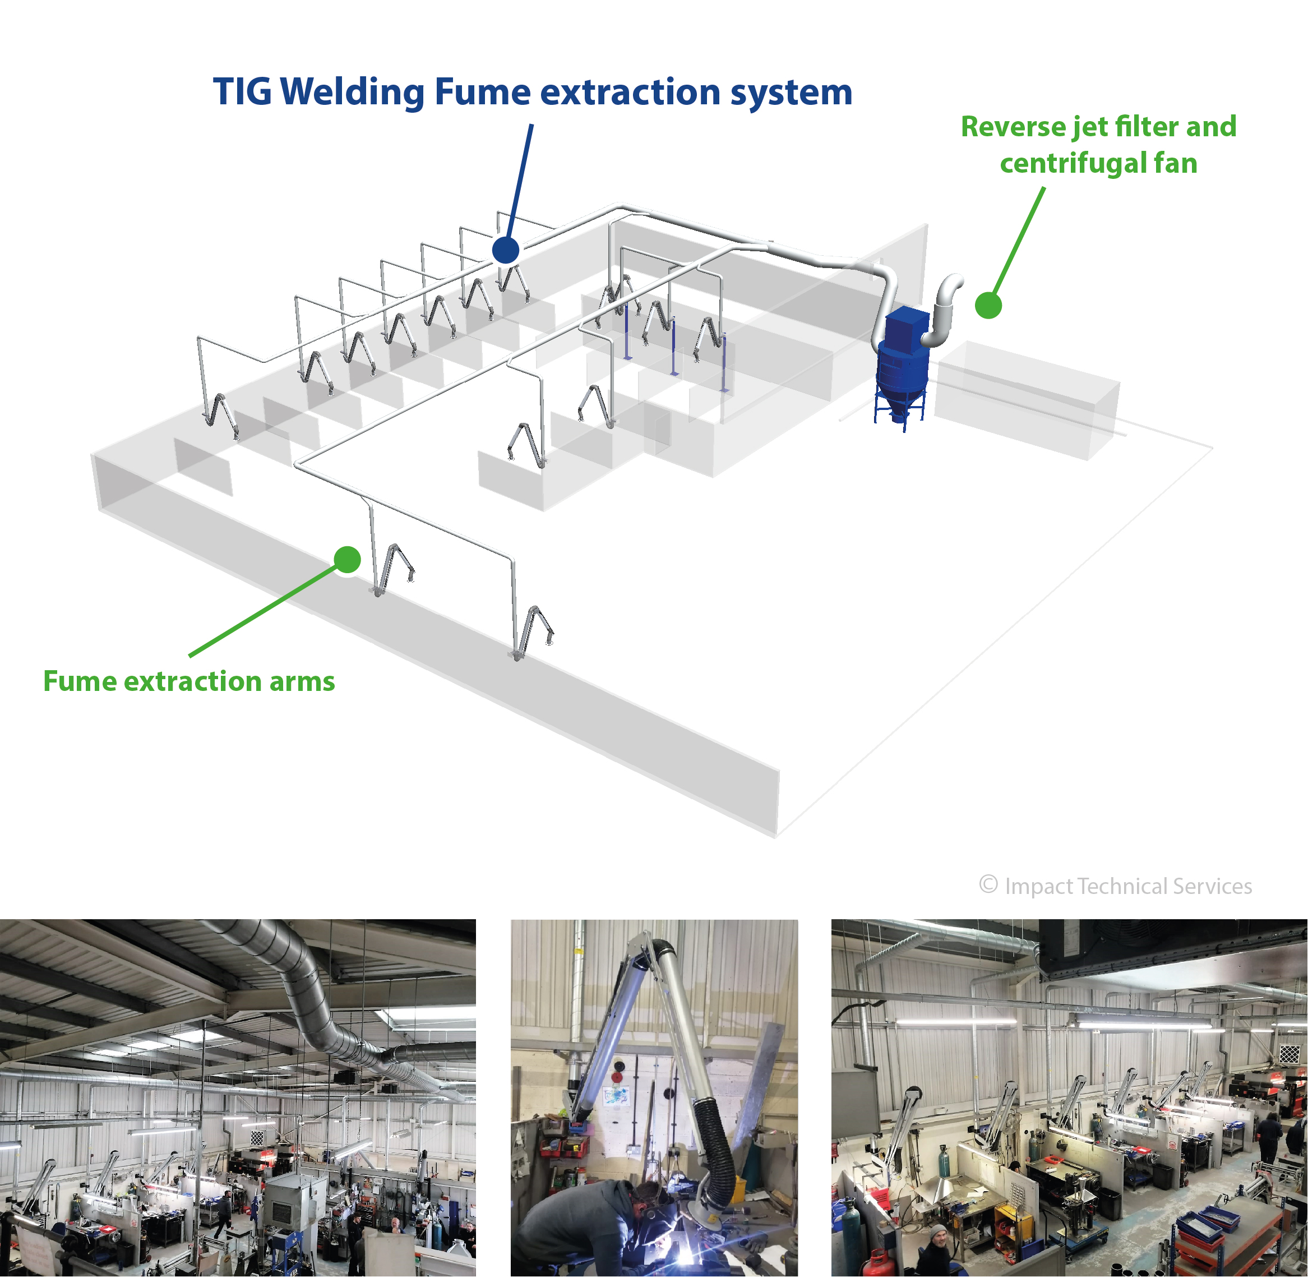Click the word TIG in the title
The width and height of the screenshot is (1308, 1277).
[x=242, y=92]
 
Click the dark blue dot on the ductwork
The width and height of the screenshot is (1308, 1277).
[x=506, y=250]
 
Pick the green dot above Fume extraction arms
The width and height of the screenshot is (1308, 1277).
[x=346, y=559]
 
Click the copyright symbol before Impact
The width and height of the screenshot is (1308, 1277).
[x=988, y=884]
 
